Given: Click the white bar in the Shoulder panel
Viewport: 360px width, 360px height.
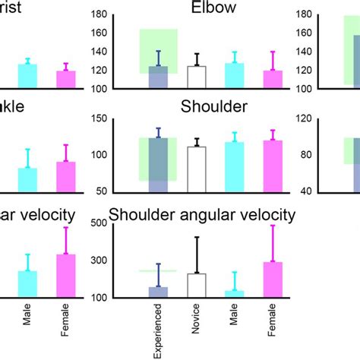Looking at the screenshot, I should (x=197, y=168).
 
